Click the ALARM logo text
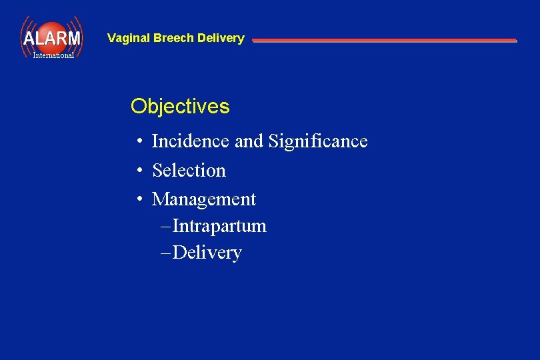pos(51,38)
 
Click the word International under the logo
pos(53,55)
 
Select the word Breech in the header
pos(174,38)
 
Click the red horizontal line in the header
pos(384,41)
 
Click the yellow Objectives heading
pos(180,107)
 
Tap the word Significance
pos(317,141)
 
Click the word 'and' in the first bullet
pos(249,141)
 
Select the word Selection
pos(189,171)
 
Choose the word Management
pos(204,199)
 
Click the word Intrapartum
pos(219,226)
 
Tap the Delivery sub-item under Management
pos(207,253)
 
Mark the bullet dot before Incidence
pos(139,142)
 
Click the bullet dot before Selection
pos(139,171)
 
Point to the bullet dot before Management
pos(139,200)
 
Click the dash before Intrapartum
pos(166,227)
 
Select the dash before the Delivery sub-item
pos(166,253)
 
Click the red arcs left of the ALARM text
pos(25,37)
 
